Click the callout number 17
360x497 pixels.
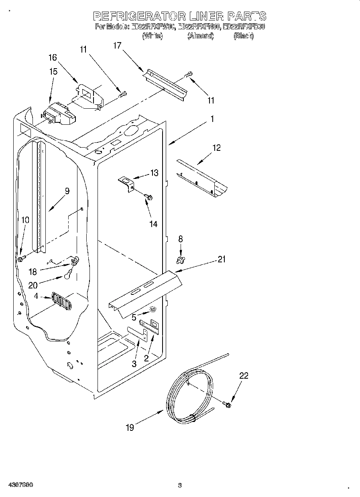point(117,46)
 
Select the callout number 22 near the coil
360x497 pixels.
point(244,376)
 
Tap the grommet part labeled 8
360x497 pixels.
point(181,260)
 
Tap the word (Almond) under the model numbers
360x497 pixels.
point(200,36)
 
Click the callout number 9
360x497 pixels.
point(67,191)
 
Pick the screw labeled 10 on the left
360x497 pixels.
point(20,260)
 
